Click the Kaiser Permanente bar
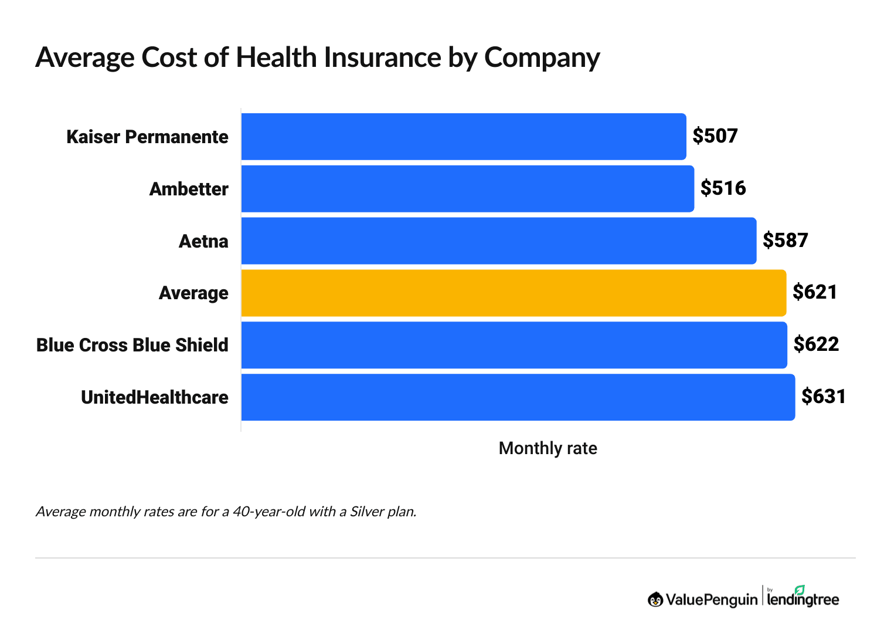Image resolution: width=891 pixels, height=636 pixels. pos(463,137)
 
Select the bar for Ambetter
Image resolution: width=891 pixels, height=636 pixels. pos(467,189)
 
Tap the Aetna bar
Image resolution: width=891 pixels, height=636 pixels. pos(498,241)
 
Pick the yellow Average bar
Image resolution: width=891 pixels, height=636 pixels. pos(513,293)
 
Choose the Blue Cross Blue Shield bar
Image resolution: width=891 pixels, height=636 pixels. pos(513,345)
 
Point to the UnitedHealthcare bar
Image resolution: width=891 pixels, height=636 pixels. pos(518,397)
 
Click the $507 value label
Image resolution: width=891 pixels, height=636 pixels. pos(715,136)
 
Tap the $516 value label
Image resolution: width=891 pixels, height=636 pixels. pos(723,188)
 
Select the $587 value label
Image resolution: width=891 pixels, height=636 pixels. pos(785,241)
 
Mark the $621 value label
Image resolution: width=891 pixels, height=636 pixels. pos(815,292)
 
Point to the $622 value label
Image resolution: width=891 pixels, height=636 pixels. pos(816,344)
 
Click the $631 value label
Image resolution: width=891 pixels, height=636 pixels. pos(824,397)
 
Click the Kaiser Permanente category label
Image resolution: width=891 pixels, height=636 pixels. pos(147,137)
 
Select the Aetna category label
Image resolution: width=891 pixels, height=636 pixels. pos(203,242)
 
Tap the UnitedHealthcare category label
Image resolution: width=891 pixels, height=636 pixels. pos(155,398)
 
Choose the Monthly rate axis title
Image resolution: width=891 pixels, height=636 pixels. pos(547,449)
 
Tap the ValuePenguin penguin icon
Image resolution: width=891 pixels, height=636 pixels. pos(655,600)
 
